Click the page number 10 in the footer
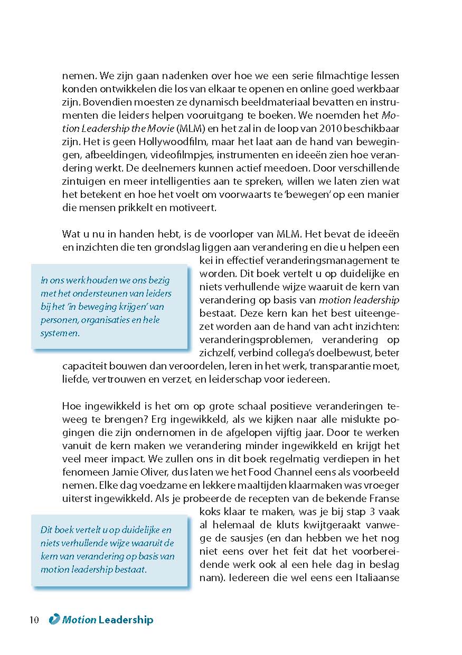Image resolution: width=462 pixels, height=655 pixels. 34,620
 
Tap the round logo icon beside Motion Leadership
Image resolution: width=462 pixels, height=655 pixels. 54,620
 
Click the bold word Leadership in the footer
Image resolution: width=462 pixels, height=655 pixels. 126,620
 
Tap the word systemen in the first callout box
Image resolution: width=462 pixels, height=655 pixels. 61,333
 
